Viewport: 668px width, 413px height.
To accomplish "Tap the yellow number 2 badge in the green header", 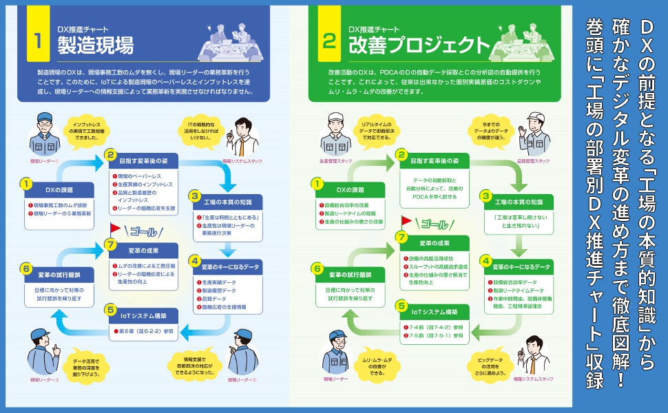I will [329, 41].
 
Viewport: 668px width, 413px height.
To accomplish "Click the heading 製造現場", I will [96, 45].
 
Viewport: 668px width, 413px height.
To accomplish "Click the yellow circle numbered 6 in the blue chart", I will [26, 268].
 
